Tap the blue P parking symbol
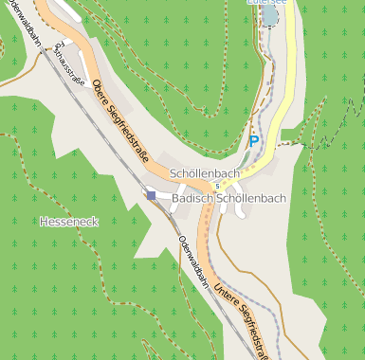(253, 140)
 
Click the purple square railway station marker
(151, 195)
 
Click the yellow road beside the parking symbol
(269, 133)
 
